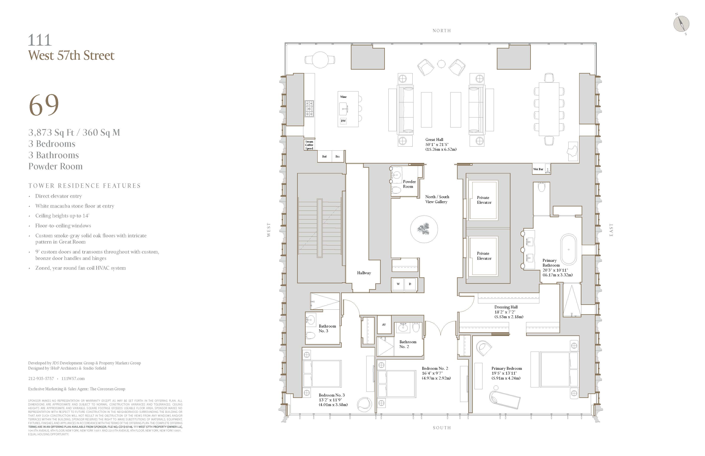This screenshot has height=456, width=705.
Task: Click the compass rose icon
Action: pos(681,24)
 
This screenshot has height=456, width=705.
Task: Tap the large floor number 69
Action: pos(44,105)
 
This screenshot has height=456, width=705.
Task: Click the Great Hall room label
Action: pos(434,139)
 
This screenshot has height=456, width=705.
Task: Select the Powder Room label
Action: pos(409,184)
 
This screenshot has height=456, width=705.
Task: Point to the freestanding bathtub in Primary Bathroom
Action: pos(568,249)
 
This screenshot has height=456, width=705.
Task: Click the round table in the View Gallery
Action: pos(424,229)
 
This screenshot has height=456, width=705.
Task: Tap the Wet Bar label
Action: pos(538,169)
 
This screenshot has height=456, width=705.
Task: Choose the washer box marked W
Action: pos(398,284)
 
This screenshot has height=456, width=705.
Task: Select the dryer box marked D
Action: pos(410,284)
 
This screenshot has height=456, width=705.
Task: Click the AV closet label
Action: pos(384,325)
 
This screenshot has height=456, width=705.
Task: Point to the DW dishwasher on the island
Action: pos(343,121)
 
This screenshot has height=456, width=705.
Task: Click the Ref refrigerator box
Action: pos(324,156)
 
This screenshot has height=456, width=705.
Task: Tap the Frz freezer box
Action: pos(337,156)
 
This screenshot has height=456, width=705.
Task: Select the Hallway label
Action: pos(364,273)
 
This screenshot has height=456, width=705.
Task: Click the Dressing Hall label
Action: pos(506,307)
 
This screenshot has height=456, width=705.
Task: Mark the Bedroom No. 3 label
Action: pos(332,395)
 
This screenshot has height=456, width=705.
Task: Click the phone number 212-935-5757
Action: pos(41,378)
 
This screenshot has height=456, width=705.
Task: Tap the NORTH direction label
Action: pos(441,30)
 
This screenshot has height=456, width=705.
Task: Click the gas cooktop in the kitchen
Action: pos(309,109)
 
